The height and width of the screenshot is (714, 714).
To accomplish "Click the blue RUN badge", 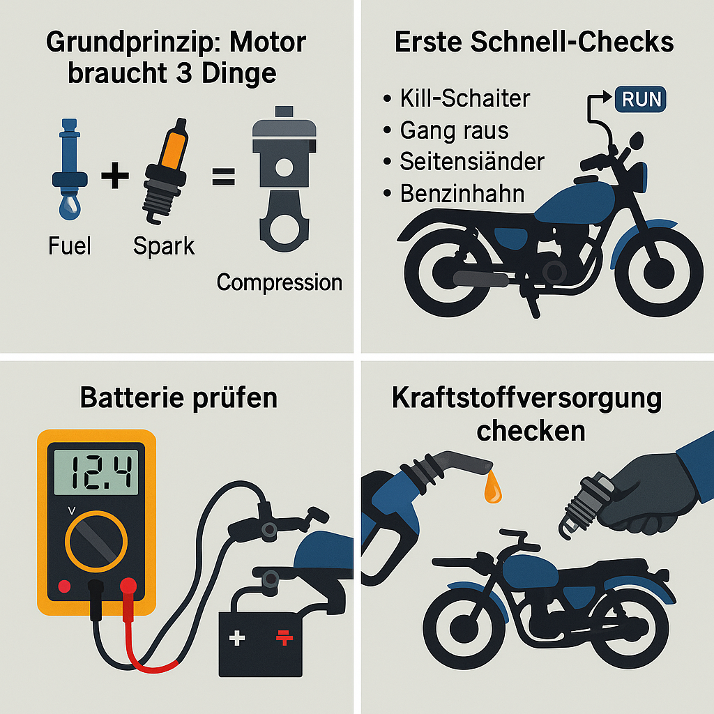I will [641, 99].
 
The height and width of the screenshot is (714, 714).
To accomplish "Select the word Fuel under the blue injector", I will [70, 245].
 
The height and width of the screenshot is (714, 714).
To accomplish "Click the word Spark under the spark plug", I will [165, 245].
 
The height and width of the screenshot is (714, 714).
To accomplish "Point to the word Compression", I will [279, 282].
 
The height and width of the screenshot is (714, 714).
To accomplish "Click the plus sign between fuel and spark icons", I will [115, 176].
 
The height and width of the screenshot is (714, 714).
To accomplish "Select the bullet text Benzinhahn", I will [462, 193].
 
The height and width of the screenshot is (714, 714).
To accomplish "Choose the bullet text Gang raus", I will [454, 130].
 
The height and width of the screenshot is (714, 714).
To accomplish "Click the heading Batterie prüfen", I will [178, 397].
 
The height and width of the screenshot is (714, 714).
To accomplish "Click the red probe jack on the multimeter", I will [128, 586].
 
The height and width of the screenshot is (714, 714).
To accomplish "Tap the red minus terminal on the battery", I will [284, 637].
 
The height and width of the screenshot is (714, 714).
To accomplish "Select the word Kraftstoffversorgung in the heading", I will [526, 399].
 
